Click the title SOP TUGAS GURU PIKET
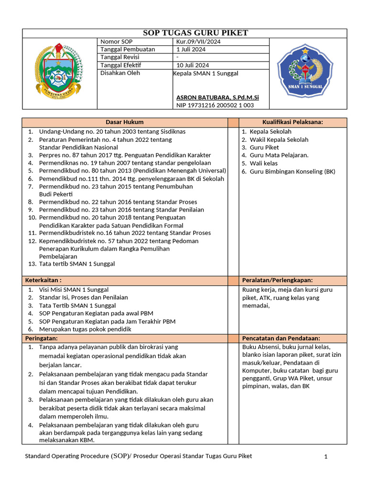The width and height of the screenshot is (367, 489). coord(195,33)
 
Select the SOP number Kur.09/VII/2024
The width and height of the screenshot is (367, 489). coord(198,42)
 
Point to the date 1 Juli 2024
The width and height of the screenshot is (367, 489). coord(191,49)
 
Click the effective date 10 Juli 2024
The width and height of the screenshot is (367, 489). coord(193,65)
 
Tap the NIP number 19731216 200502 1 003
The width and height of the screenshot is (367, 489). coord(215,105)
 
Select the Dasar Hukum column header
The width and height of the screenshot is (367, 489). coord(124,122)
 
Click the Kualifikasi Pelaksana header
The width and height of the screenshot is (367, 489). coord(292,122)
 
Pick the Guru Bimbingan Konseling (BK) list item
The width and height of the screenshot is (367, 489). coord(292,171)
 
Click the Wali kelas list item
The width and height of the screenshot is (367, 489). coord(263,163)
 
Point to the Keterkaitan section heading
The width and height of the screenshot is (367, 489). coord(43,280)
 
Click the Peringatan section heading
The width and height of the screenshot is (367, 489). coord(41,338)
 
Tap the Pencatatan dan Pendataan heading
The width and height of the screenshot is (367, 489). coord(281,338)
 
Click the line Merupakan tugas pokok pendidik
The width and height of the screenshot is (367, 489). coord(85,329)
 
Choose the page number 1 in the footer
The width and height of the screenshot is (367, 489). coord(325,457)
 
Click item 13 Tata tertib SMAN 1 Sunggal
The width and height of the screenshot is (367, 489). coord(76,264)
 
